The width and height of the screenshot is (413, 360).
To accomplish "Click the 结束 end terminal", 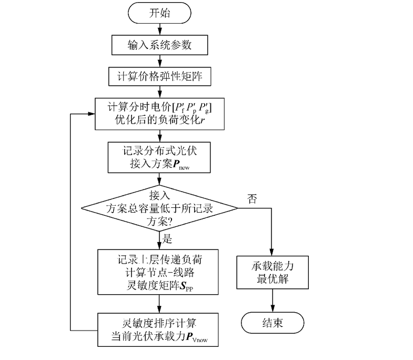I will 271,322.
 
